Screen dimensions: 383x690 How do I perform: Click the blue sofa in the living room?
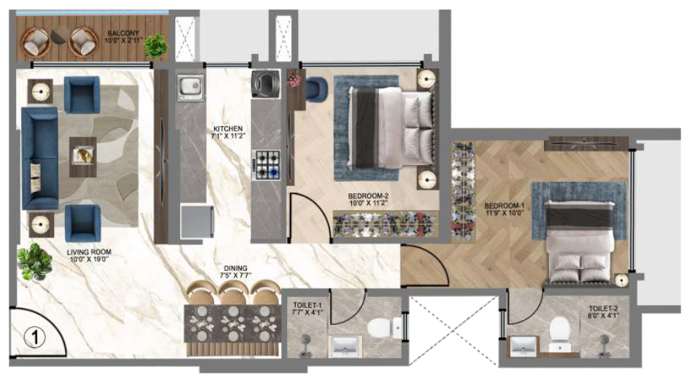point(39,157)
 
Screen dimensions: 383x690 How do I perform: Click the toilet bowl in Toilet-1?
point(380,329)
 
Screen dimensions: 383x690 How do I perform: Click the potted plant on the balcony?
point(155,46)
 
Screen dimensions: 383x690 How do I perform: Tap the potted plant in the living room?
point(33,260)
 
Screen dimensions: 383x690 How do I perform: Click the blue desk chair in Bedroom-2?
point(315,90)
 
